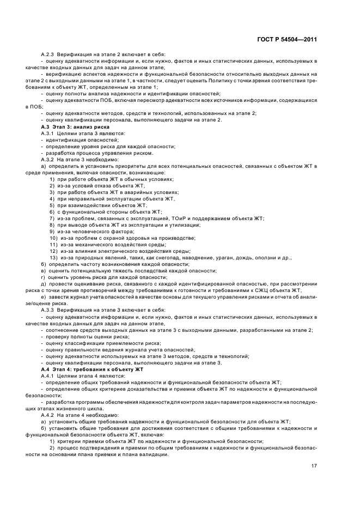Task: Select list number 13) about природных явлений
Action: point(53,258)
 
